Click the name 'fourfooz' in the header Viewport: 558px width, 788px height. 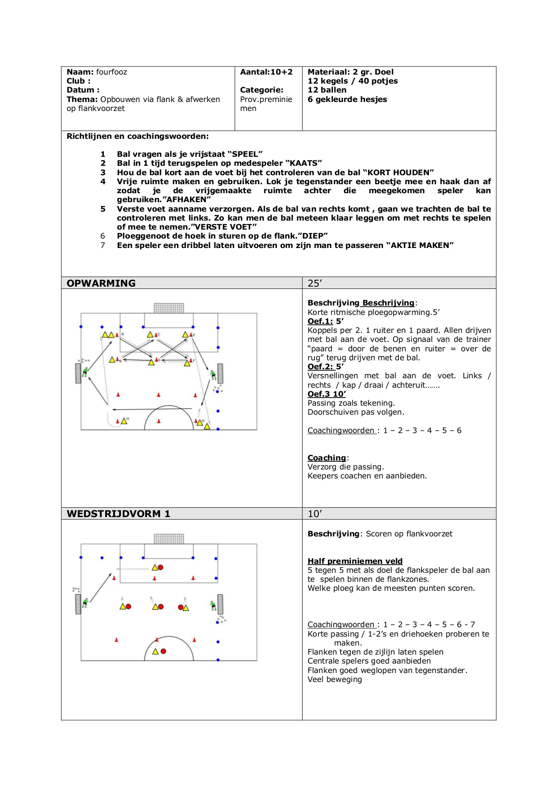[x=112, y=72]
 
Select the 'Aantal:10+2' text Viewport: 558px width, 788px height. [x=266, y=72]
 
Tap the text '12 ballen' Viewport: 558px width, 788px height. [x=327, y=90]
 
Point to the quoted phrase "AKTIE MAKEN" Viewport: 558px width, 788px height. [x=420, y=245]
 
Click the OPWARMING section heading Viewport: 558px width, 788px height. [x=101, y=283]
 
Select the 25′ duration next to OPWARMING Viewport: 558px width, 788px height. [x=315, y=283]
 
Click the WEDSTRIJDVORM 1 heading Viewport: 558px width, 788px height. [x=118, y=514]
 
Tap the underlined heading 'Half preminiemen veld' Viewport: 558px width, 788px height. [x=355, y=561]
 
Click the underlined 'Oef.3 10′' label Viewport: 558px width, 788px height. [x=326, y=394]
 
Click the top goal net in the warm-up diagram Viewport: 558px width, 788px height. [x=169, y=308]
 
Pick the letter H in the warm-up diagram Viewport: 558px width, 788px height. [x=128, y=419]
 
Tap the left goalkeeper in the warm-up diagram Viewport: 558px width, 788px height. [x=85, y=372]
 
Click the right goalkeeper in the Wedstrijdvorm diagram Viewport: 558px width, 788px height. [x=213, y=606]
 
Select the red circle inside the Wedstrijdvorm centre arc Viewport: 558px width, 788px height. [x=164, y=651]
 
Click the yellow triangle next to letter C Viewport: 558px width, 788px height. [x=151, y=334]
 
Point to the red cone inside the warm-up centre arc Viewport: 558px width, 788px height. [x=159, y=421]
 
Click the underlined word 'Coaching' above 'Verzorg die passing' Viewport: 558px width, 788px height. [x=326, y=458]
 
